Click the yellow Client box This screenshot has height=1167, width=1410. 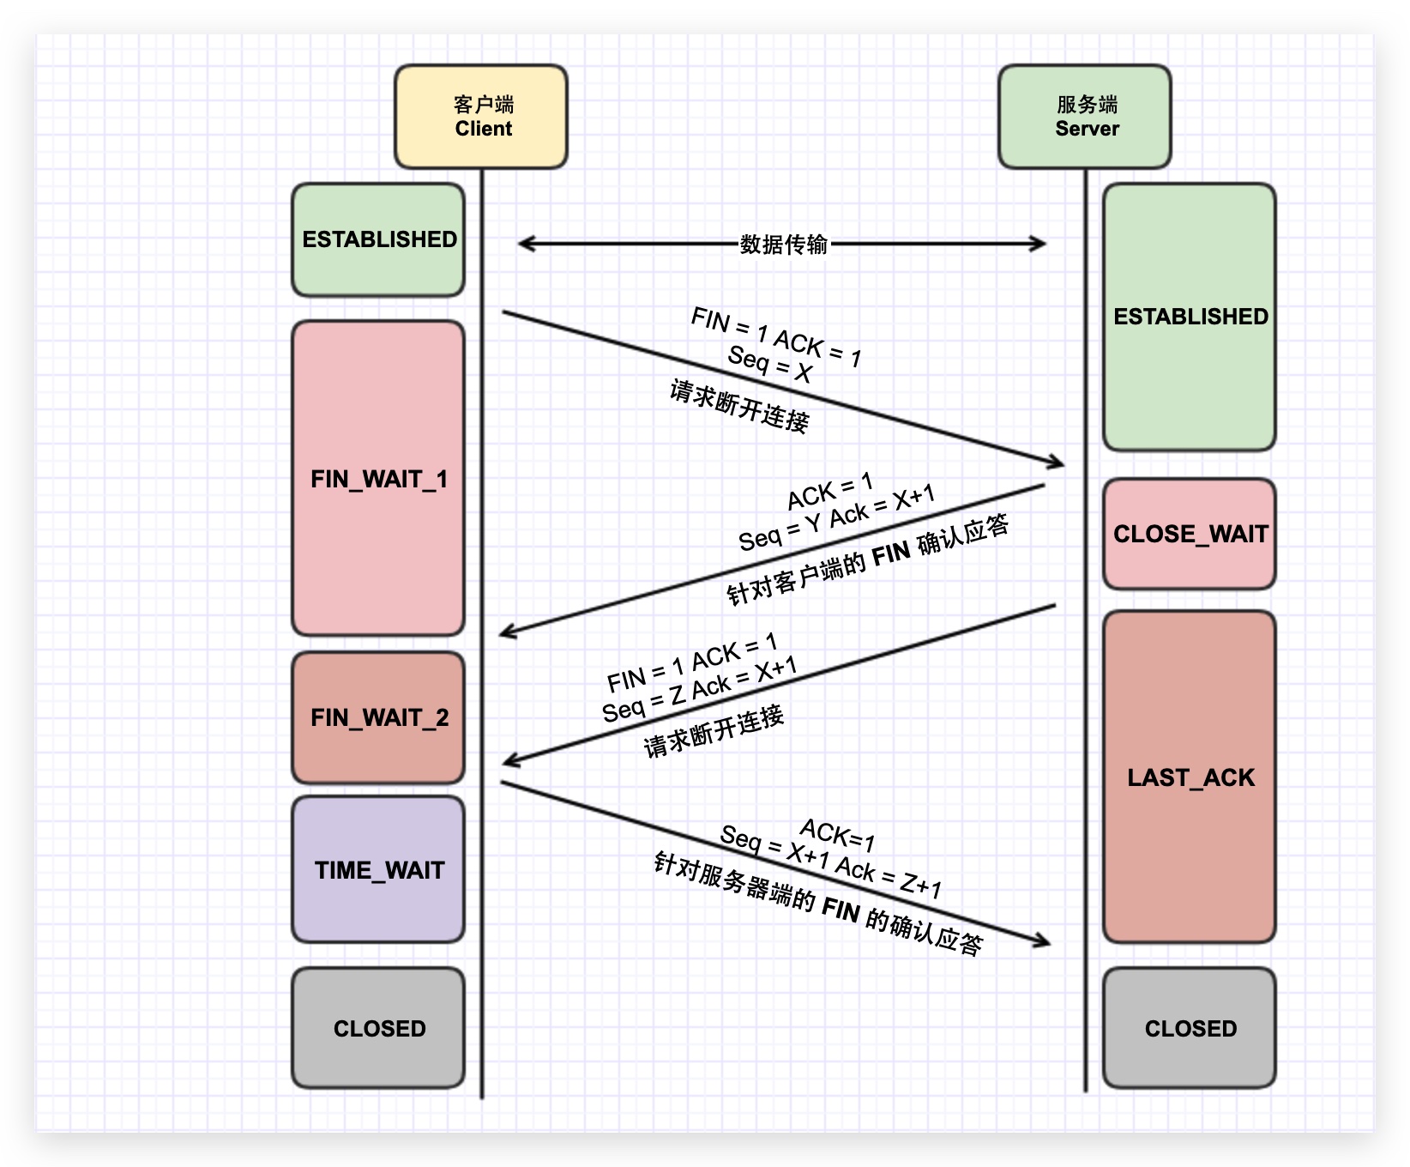pyautogui.click(x=481, y=117)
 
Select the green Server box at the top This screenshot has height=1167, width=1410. pyautogui.click(x=1085, y=117)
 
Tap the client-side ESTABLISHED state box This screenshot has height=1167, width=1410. pyautogui.click(x=378, y=239)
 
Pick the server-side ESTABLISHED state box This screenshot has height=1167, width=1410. pyautogui.click(x=1190, y=317)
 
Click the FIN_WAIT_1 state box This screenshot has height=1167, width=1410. pyautogui.click(x=378, y=478)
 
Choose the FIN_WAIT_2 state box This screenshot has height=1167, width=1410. pyautogui.click(x=378, y=717)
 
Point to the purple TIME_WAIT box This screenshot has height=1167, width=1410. pyautogui.click(x=378, y=869)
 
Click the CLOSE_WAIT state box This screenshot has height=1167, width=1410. pyautogui.click(x=1190, y=534)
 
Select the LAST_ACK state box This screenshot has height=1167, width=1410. pyautogui.click(x=1190, y=777)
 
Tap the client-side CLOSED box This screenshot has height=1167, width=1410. pyautogui.click(x=378, y=1028)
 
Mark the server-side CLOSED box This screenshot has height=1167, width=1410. pyautogui.click(x=1190, y=1028)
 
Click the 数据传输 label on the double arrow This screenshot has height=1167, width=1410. pyautogui.click(x=783, y=245)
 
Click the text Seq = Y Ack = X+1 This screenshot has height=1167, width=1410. pyautogui.click(x=836, y=518)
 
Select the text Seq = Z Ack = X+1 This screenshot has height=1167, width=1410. pyautogui.click(x=699, y=691)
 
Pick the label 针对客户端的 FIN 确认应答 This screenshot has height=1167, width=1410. pyautogui.click(x=867, y=561)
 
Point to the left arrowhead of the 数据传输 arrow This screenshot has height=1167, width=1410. pyautogui.click(x=523, y=244)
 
